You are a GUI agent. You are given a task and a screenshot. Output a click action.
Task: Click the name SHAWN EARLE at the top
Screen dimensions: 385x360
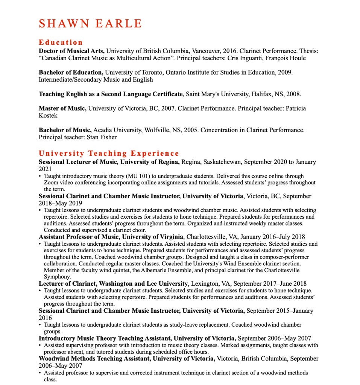point(90,23)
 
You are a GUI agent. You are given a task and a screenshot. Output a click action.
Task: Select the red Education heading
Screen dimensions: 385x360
point(61,42)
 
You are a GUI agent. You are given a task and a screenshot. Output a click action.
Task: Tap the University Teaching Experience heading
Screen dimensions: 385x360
point(109,153)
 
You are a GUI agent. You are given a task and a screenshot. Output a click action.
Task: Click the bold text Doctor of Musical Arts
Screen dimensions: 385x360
point(71,51)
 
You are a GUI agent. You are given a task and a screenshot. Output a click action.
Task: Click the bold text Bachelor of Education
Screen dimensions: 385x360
point(71,72)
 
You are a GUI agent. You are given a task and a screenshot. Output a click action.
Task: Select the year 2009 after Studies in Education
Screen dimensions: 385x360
point(285,72)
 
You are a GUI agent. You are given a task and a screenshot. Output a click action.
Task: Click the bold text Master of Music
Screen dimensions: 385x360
point(62,108)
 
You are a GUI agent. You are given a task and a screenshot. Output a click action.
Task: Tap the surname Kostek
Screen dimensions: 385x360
point(48,116)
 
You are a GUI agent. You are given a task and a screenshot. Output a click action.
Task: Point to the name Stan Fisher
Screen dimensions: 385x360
point(102,137)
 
